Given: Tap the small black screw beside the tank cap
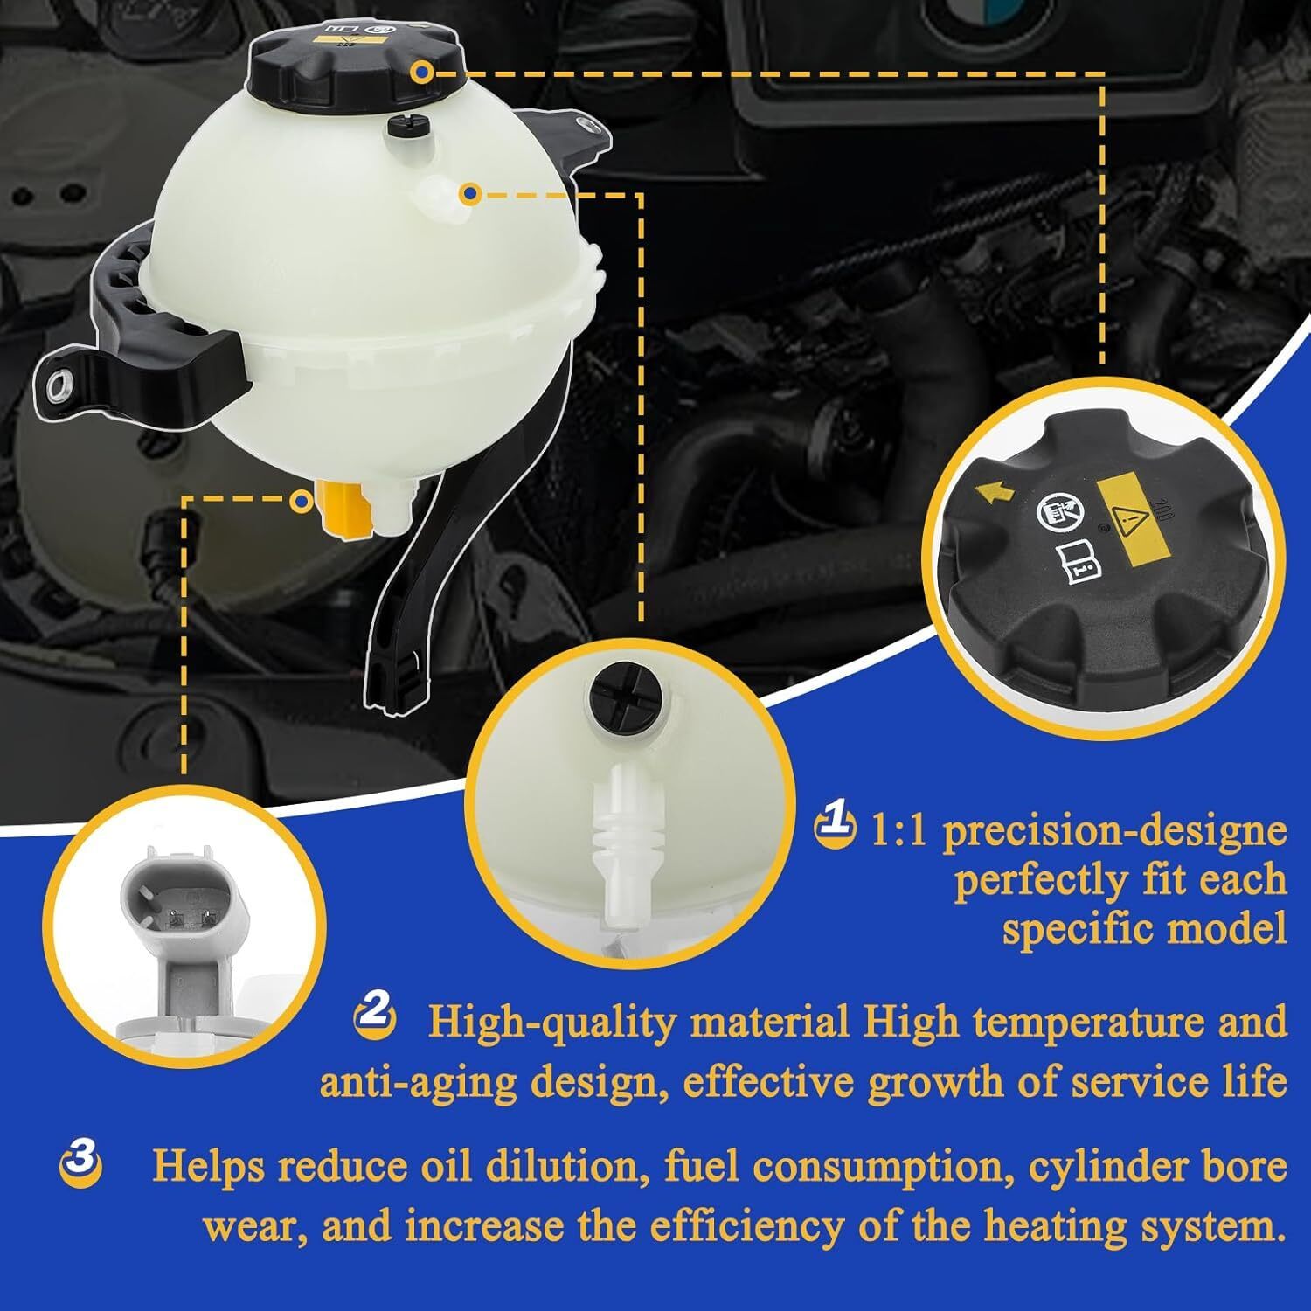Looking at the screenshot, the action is [404, 128].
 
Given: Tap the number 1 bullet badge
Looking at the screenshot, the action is [833, 825].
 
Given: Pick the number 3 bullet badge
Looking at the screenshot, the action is [80, 1161].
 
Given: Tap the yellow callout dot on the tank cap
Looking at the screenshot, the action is [423, 72].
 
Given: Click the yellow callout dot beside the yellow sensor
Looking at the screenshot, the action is [302, 501].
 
